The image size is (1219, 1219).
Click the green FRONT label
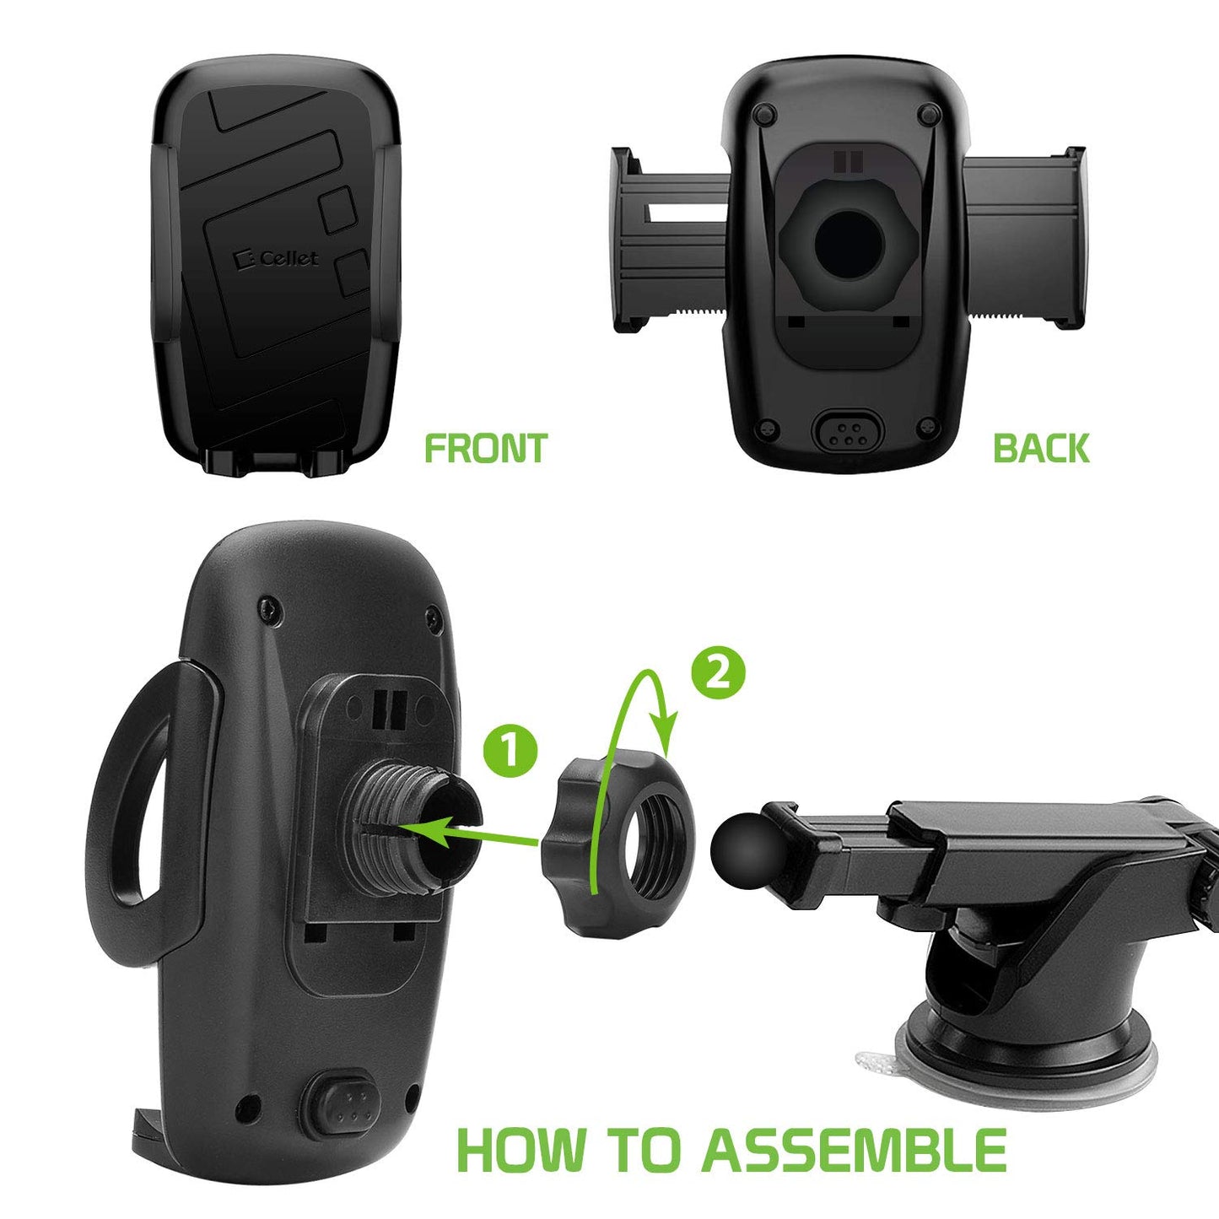485,448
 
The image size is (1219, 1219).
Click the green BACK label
1040,448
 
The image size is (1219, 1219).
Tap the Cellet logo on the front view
278,258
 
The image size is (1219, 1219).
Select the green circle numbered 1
510,750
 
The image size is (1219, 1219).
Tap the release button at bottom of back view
847,433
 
